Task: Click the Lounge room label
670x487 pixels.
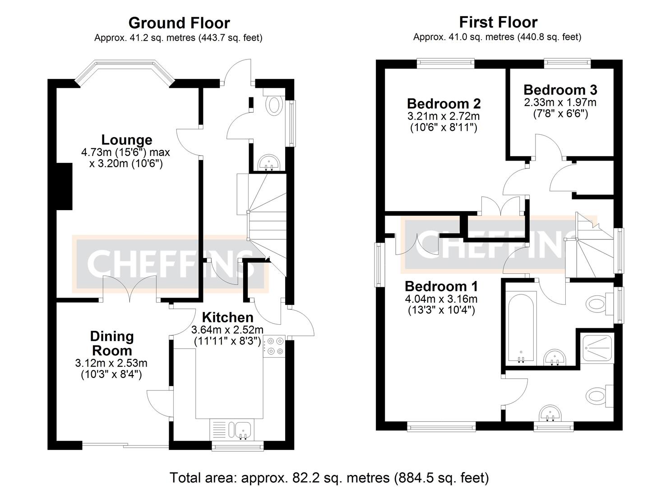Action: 126,140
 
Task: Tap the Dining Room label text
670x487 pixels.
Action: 111,344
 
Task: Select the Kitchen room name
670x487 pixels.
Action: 227,317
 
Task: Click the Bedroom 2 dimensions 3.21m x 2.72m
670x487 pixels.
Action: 444,116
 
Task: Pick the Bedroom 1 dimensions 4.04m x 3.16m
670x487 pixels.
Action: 441,299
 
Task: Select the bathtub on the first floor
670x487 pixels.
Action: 521,326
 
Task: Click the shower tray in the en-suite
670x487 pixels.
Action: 597,348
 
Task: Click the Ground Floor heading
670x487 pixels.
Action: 179,23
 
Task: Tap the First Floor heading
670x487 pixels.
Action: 498,22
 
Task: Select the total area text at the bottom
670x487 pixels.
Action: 329,478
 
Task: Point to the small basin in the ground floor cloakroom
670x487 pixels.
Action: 270,163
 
